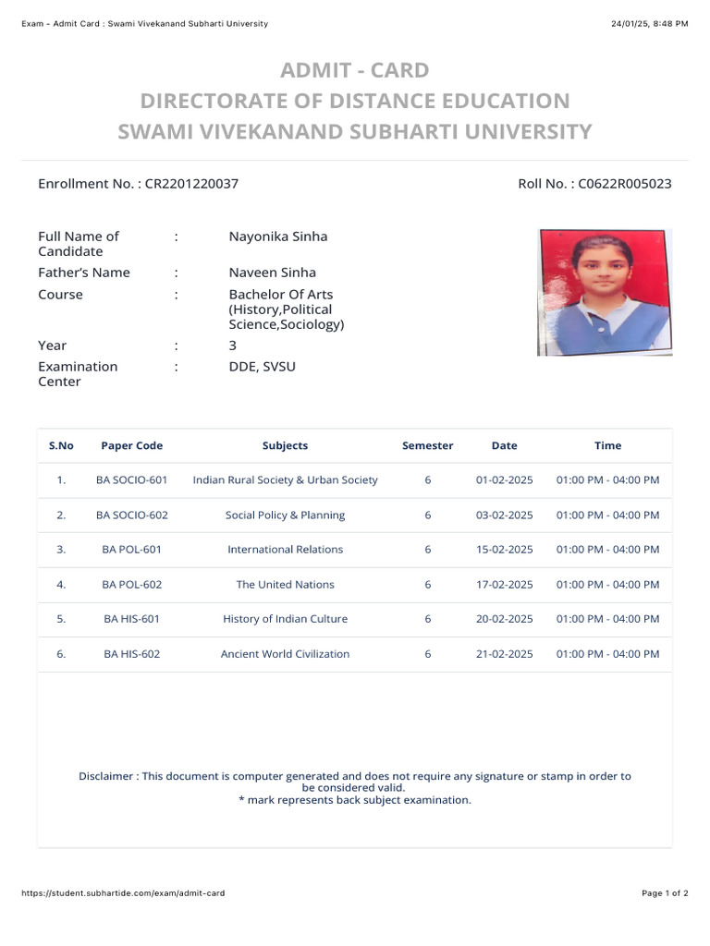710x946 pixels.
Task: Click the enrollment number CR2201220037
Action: [x=191, y=184]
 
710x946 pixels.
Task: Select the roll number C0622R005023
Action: [x=625, y=184]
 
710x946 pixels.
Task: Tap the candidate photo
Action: [x=605, y=292]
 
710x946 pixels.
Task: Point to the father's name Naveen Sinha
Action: [x=273, y=273]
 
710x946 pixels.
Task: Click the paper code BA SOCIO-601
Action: [x=131, y=480]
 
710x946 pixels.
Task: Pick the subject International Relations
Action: [x=285, y=550]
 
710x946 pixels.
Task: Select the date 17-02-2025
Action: [x=504, y=585]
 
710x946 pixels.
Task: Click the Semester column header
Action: [x=427, y=445]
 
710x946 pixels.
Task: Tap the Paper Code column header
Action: [x=131, y=445]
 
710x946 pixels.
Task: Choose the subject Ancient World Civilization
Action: [x=285, y=654]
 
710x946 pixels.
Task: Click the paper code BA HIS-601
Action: [x=131, y=619]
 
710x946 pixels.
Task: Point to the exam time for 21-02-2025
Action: [x=607, y=654]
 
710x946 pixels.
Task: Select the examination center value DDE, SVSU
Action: [x=263, y=367]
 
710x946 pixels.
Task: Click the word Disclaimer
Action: [x=105, y=776]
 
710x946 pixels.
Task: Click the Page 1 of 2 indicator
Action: [x=665, y=893]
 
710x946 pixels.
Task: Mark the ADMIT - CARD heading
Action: [x=355, y=70]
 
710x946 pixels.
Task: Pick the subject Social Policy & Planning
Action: [x=285, y=515]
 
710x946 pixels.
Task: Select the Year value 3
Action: [x=233, y=346]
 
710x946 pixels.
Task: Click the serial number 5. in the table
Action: [x=61, y=619]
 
